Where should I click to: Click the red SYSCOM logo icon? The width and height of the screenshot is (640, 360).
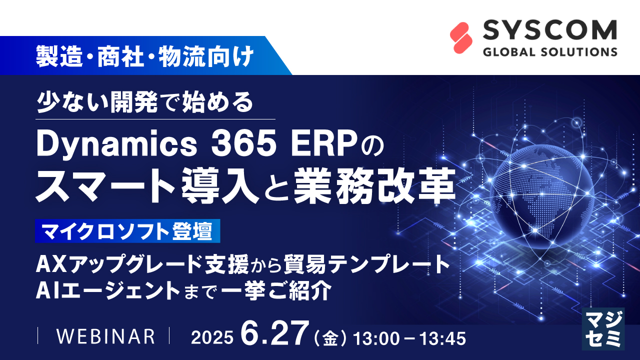point(461,38)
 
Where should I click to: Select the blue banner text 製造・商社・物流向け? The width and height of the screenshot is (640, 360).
point(144,56)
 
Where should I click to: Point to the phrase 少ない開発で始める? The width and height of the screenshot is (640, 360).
point(145,103)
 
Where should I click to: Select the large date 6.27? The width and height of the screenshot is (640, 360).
point(272,333)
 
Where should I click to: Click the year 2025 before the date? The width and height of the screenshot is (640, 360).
point(212,338)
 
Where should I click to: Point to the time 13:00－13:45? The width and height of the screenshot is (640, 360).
point(409,338)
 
